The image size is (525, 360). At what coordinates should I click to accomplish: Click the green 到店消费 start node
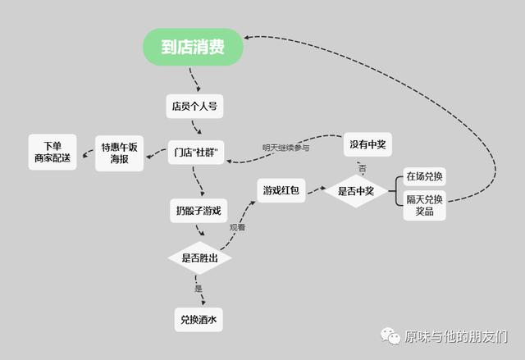[x=193, y=47]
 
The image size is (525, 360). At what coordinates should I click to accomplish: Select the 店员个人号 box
[x=194, y=107]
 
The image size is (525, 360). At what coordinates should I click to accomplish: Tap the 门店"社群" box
[x=196, y=153]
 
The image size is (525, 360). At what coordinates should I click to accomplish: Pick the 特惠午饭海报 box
[x=119, y=153]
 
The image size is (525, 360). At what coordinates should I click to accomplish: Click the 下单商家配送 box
[x=52, y=152]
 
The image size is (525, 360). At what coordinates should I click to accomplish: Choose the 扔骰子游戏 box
[x=199, y=211]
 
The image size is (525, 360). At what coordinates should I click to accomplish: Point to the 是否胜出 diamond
[x=199, y=258]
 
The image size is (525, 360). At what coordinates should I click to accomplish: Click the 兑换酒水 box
[x=199, y=320]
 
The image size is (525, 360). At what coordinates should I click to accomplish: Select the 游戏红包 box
[x=281, y=191]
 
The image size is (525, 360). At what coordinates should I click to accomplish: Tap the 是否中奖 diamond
[x=356, y=191]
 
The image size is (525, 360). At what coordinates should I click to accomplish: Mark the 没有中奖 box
[x=367, y=144]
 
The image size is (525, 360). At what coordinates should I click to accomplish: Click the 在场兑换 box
[x=424, y=176]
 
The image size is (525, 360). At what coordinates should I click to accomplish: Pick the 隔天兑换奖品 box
[x=424, y=206]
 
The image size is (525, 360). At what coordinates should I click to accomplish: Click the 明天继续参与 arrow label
[x=285, y=148]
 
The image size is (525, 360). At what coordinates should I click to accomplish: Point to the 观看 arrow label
[x=237, y=227]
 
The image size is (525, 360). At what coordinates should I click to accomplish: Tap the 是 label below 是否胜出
[x=199, y=289]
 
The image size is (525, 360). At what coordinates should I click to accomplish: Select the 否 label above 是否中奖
[x=362, y=168]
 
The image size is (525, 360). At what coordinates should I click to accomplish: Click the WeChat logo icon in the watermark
[x=390, y=336]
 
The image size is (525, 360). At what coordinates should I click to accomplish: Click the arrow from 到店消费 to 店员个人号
[x=195, y=80]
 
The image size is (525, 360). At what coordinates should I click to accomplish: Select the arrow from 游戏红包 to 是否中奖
[x=317, y=190]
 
